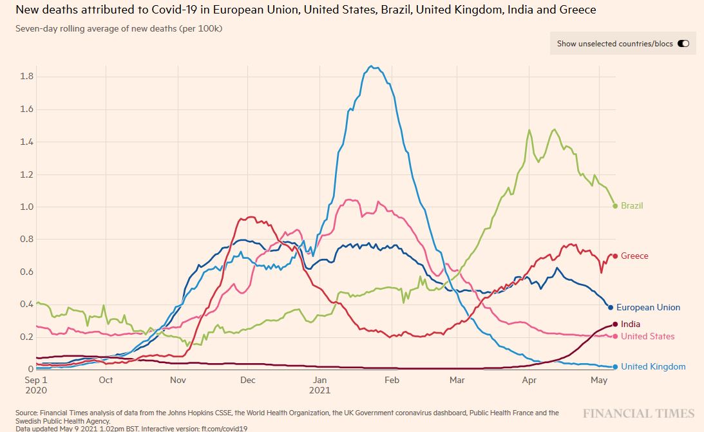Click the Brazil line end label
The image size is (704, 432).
pos(632,206)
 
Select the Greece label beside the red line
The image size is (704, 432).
pos(634,256)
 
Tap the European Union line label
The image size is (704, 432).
pos(652,308)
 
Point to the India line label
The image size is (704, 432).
pos(631,324)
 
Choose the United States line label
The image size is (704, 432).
pos(648,337)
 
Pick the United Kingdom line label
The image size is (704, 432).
pos(653,367)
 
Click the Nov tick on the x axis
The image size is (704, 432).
pos(178,380)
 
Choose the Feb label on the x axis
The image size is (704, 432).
pos(392,380)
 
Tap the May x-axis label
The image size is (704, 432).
pos(599,380)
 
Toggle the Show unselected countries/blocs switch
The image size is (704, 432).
pos(683,44)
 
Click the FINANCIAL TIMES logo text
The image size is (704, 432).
pos(639,413)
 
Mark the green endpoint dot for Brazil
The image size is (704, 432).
pos(615,206)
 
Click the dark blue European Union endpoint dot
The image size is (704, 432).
pos(610,307)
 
